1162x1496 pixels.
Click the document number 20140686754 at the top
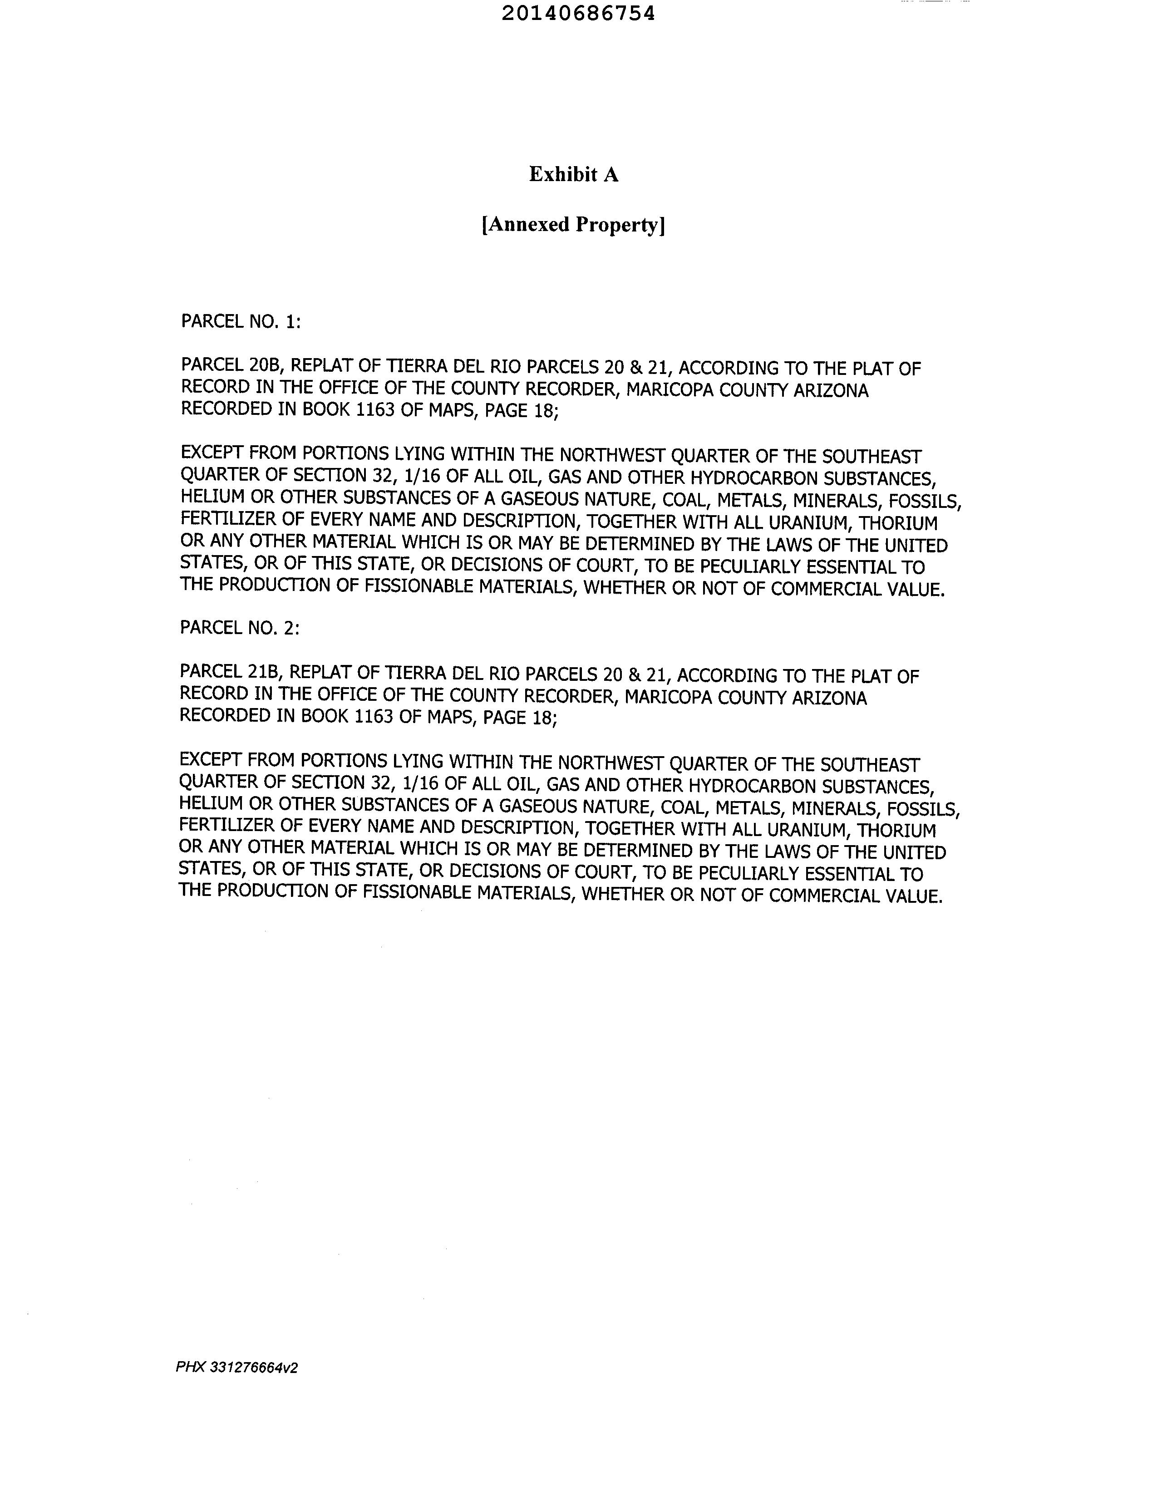(x=578, y=14)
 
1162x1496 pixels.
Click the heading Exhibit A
(x=573, y=175)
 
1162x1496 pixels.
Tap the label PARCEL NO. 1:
(x=241, y=321)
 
